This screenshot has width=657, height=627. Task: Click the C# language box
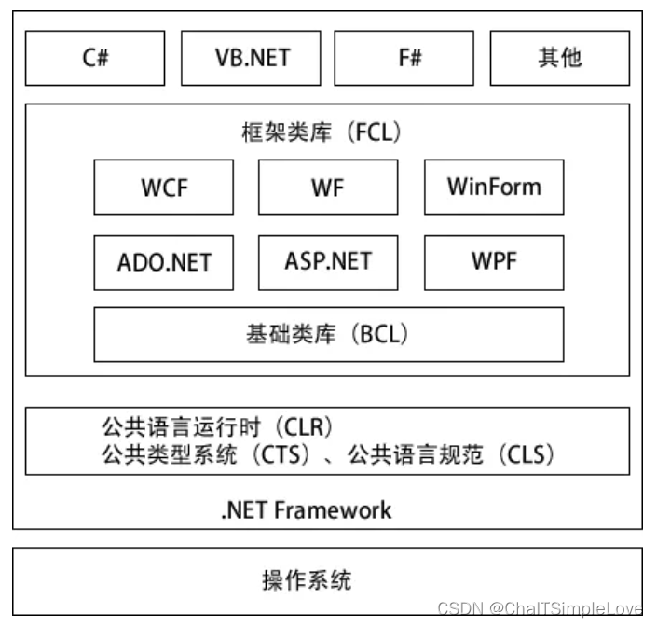tap(94, 58)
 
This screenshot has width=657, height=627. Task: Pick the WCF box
tap(164, 187)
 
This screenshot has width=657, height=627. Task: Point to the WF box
tap(327, 187)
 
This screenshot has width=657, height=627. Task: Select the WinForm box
tap(493, 187)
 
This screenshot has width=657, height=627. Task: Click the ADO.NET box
tap(164, 261)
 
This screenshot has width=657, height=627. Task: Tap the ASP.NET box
tap(327, 261)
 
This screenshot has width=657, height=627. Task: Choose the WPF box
tap(493, 261)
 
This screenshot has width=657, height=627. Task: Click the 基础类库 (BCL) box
tap(328, 334)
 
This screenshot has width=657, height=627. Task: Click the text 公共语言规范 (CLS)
tap(452, 455)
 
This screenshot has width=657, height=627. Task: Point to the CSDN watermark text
tap(540, 608)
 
